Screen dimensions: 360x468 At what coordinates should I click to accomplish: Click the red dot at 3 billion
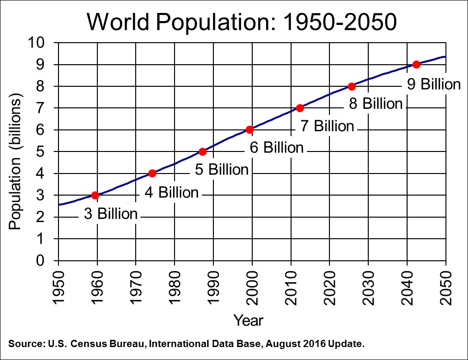click(x=95, y=195)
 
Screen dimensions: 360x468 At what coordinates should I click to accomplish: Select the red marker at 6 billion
click(x=249, y=129)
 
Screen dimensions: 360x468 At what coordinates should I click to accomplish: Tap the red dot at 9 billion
click(x=416, y=64)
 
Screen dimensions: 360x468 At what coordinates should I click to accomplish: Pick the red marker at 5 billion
click(x=202, y=151)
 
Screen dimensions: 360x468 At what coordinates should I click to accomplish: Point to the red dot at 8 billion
click(x=351, y=86)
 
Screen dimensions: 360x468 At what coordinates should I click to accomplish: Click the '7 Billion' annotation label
click(x=327, y=126)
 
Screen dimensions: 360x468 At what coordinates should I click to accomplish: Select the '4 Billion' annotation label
click(x=171, y=192)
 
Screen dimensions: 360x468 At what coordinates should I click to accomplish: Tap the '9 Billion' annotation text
click(x=433, y=84)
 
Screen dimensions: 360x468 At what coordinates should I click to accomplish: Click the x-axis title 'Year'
click(x=248, y=320)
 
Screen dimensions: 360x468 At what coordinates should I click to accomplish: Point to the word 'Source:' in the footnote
click(x=25, y=344)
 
